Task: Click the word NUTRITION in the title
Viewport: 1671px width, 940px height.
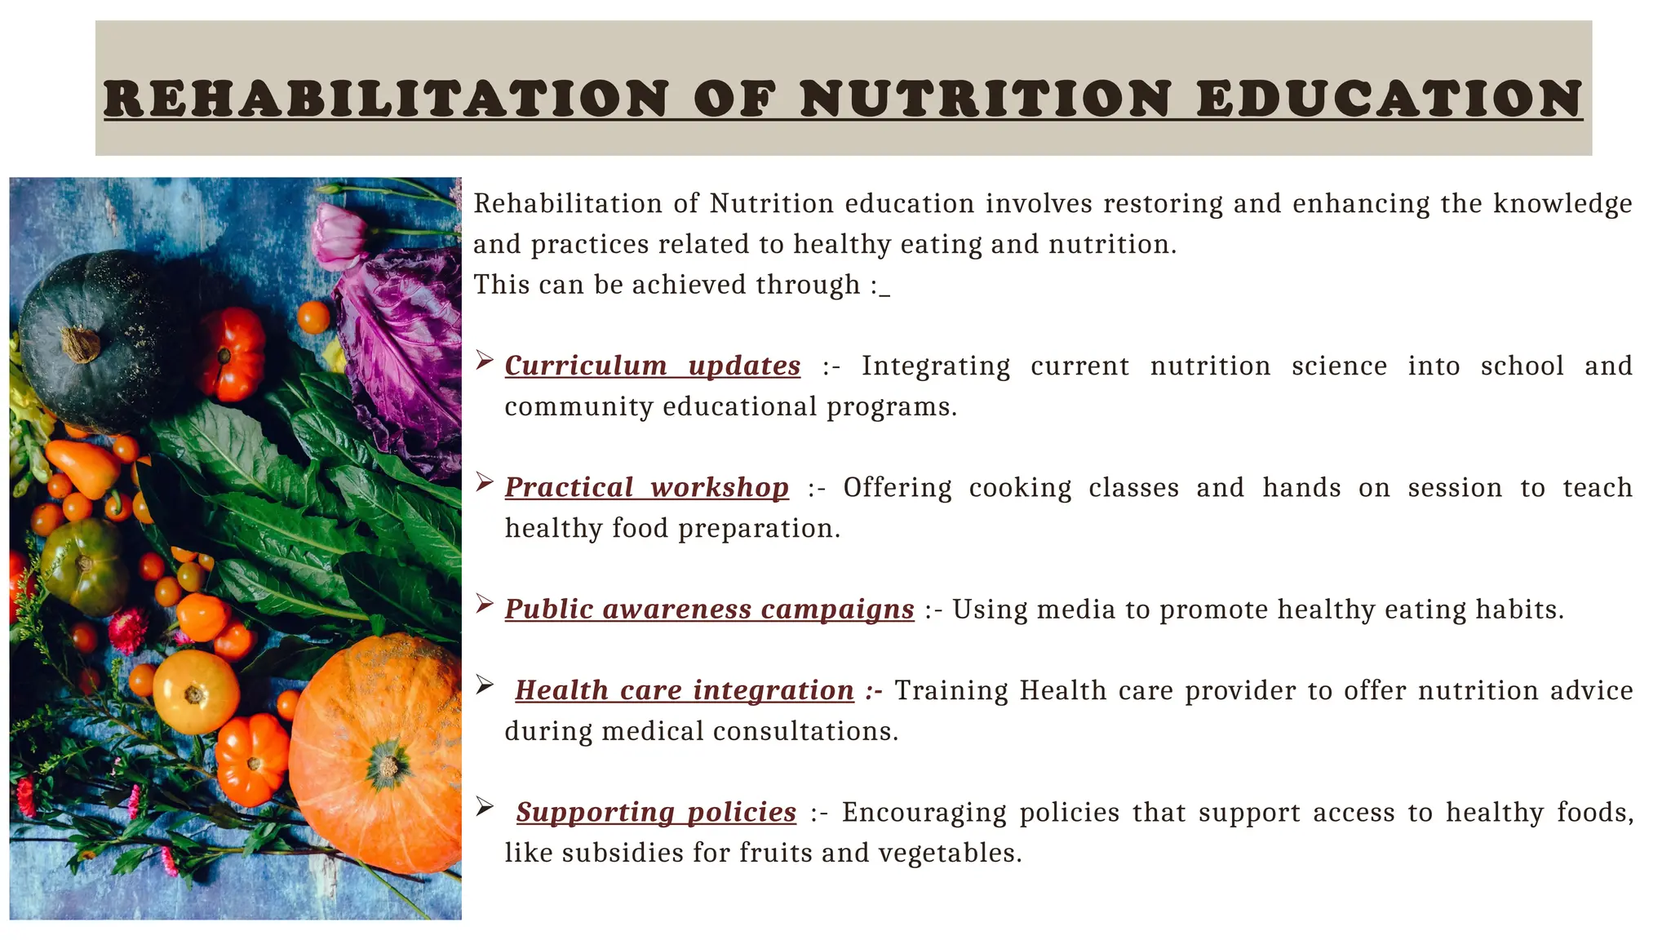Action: click(986, 99)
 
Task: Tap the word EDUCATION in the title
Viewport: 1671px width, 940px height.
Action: click(1390, 99)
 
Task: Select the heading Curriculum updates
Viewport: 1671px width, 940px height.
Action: click(652, 366)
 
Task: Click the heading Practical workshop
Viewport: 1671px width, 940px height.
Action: click(646, 487)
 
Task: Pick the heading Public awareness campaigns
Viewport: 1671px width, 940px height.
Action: click(709, 609)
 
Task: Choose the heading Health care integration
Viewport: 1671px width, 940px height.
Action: click(684, 690)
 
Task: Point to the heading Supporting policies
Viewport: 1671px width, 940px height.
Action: click(656, 812)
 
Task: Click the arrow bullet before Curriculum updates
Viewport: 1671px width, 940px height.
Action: click(485, 360)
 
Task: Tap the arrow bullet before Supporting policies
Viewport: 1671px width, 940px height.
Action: click(485, 806)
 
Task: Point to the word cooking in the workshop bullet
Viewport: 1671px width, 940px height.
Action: click(1020, 488)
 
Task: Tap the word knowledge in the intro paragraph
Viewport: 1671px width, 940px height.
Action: click(1562, 203)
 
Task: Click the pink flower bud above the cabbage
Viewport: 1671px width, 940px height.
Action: click(335, 237)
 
